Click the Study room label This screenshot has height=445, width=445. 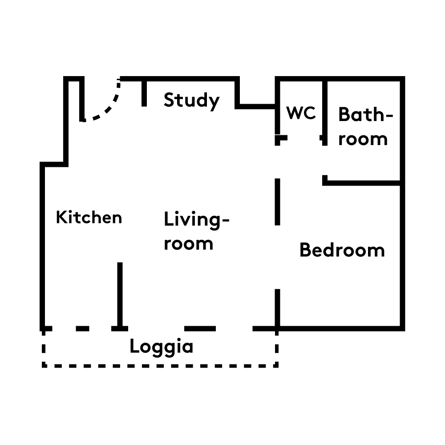tap(191, 101)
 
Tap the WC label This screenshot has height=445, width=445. tap(301, 113)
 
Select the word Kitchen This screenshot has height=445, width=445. tap(89, 218)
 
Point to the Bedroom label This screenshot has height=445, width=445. tap(342, 250)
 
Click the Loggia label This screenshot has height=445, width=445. tap(162, 347)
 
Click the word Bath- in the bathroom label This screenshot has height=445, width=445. tap(366, 114)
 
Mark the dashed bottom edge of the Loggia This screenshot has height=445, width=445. tap(160, 366)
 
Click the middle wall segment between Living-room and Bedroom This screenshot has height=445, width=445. tap(278, 202)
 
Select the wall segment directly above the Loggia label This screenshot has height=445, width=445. tap(200, 329)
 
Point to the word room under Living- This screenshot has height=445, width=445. tap(189, 244)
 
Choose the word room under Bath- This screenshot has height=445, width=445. tap(363, 139)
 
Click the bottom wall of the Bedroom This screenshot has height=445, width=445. tap(340, 329)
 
